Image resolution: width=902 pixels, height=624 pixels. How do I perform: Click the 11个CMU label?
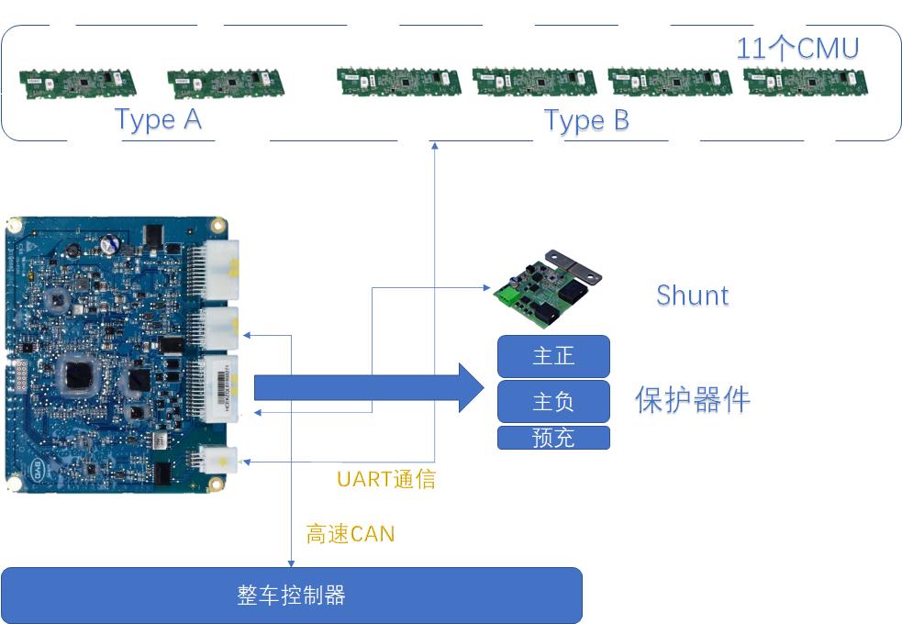tap(796, 48)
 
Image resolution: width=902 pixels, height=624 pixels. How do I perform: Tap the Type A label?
tap(158, 119)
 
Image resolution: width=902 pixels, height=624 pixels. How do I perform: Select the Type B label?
tap(586, 120)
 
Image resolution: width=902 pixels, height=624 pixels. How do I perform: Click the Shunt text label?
tap(692, 295)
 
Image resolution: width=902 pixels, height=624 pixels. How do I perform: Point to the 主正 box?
tap(553, 356)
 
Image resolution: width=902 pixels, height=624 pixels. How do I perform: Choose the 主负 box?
tap(553, 402)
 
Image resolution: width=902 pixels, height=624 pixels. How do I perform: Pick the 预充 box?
tap(553, 438)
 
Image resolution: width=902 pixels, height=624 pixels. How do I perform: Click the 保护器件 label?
tap(693, 400)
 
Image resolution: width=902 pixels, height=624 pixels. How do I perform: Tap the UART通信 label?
tap(385, 479)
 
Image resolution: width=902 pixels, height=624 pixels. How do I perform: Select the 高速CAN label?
tap(350, 533)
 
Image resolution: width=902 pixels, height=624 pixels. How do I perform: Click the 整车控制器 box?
tap(291, 596)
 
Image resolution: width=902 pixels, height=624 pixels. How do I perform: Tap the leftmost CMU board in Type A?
tap(77, 83)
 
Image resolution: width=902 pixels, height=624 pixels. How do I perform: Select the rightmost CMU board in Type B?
tap(805, 82)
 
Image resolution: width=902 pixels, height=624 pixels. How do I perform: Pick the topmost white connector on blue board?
tap(223, 268)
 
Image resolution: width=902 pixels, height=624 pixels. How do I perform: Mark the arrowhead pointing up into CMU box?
tap(435, 145)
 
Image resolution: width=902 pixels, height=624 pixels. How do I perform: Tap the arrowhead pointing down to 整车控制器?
tap(291, 563)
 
